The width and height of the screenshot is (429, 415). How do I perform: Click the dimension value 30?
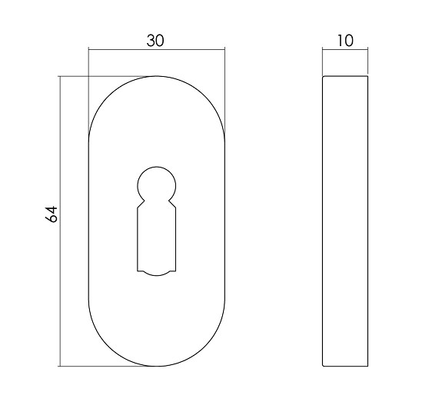(156, 41)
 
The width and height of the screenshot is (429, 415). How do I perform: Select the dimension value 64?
(52, 214)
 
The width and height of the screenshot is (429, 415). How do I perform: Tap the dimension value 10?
(344, 41)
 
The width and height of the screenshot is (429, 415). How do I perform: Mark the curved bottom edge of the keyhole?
(157, 272)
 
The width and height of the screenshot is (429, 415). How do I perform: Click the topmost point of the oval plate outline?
(158, 76)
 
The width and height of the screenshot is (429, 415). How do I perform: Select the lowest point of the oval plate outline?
(158, 367)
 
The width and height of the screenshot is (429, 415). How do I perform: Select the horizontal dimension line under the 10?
(344, 51)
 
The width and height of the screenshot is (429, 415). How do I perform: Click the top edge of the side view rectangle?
(344, 76)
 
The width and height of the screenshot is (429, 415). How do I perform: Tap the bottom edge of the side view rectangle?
(344, 367)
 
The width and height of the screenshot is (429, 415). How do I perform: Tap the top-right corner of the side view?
(367, 77)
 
